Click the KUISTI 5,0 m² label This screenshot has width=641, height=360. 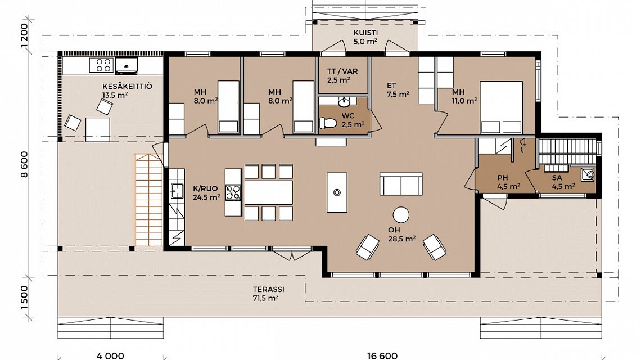coord(365,37)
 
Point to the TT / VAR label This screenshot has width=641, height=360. coord(342,76)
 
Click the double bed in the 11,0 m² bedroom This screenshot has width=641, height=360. coord(500,106)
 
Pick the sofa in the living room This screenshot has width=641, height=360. coord(400,184)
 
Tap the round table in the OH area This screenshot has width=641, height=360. coord(401,215)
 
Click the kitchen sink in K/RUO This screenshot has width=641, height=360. coord(177,192)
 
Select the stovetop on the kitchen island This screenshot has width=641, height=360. coord(233,192)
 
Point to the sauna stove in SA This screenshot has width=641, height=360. coord(588,174)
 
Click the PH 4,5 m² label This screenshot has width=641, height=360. coord(508,182)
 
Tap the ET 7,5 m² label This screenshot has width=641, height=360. coord(397,90)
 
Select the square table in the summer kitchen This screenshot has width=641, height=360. coord(97,129)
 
